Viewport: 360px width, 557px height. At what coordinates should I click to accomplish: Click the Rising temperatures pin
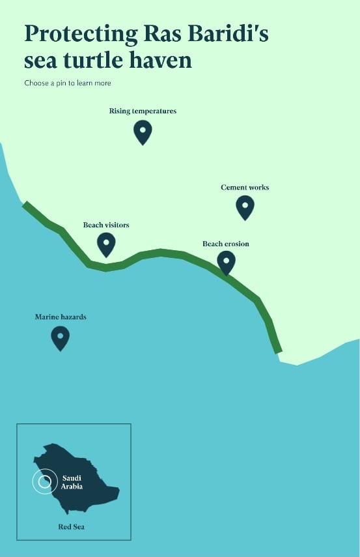(143, 131)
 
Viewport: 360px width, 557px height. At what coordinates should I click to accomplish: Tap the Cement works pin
(245, 207)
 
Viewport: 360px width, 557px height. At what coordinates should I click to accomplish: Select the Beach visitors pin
(106, 244)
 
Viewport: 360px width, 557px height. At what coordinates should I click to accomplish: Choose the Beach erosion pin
(226, 262)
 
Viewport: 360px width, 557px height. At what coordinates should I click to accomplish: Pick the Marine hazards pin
(60, 337)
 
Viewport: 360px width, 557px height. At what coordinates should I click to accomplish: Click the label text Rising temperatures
(143, 111)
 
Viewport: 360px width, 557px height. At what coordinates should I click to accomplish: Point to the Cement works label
(245, 188)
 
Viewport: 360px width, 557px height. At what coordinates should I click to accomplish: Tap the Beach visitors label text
(106, 225)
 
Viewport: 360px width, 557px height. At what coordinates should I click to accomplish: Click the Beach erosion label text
(225, 244)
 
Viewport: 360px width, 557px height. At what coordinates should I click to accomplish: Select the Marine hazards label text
(61, 317)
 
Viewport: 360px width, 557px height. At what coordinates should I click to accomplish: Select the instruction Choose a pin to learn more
(68, 83)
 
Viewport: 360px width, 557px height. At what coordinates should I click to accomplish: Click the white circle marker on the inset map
(44, 482)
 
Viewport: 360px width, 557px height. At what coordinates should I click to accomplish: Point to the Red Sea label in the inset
(72, 526)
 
